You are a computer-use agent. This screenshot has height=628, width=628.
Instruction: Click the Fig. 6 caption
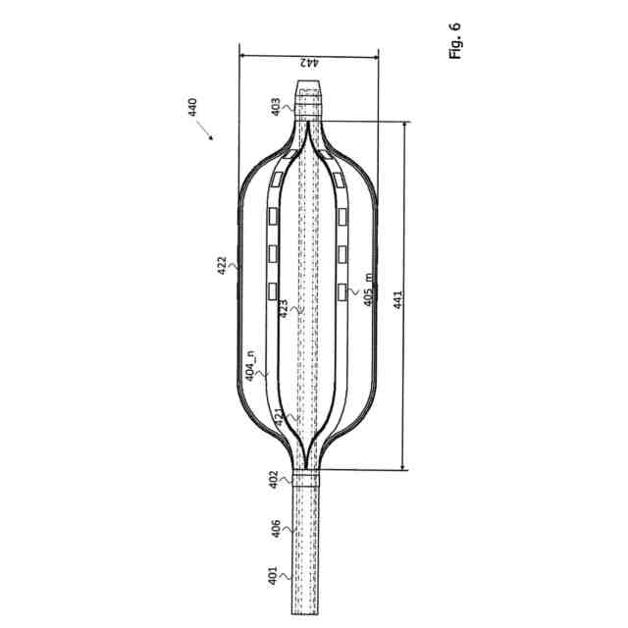[455, 41]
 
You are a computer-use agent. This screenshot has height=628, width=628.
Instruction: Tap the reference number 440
[192, 107]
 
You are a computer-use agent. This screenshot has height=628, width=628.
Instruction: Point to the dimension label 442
[309, 63]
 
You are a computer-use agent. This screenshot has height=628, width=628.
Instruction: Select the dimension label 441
[397, 299]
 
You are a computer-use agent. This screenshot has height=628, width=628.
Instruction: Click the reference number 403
[276, 107]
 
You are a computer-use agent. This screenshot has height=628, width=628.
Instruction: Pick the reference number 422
[222, 265]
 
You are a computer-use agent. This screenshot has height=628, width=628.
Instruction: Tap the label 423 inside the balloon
[284, 309]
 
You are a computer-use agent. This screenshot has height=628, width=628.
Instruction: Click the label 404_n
[250, 366]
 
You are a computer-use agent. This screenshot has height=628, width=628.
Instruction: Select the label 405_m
[369, 289]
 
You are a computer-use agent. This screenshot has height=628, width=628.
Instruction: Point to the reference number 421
[279, 416]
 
